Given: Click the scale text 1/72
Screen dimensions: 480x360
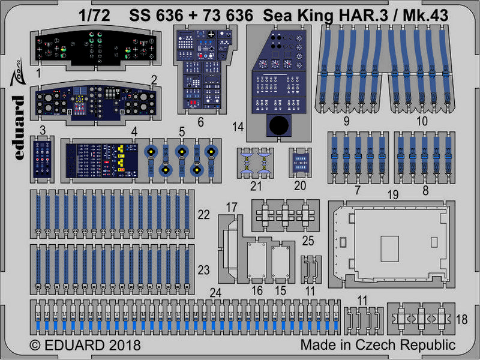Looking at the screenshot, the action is [x=94, y=16].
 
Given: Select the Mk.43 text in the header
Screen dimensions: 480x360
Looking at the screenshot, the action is [x=425, y=16].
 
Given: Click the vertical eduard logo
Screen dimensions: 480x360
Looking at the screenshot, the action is [x=19, y=127].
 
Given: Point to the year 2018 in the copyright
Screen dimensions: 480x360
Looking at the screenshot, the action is [x=124, y=346].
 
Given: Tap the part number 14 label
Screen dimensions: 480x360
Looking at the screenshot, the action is [x=238, y=127].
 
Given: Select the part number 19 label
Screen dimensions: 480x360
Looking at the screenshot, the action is [x=393, y=194].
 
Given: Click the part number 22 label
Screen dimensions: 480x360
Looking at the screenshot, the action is [x=203, y=215].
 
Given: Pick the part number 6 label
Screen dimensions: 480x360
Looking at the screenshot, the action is [x=200, y=122].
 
